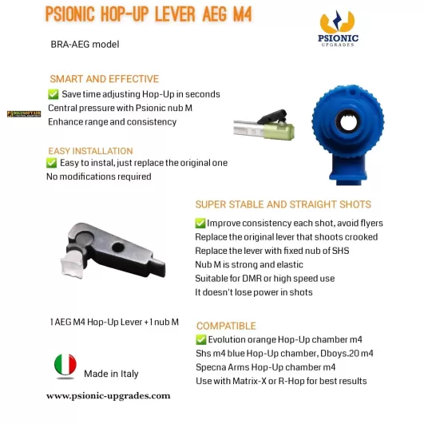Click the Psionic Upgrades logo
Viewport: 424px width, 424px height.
coord(339,32)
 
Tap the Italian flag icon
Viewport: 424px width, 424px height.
coord(65,366)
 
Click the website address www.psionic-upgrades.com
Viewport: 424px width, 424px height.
coord(109,395)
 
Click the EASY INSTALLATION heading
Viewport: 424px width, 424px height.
coord(90,150)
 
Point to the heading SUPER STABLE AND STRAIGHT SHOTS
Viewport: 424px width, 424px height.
coord(283,204)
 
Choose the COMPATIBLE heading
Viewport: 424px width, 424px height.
coord(226,326)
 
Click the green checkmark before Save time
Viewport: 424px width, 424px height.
coord(53,94)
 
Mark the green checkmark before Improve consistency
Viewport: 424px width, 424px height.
coord(200,224)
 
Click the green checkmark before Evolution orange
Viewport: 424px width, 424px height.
coord(200,340)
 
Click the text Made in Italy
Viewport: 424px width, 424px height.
coord(113,374)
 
